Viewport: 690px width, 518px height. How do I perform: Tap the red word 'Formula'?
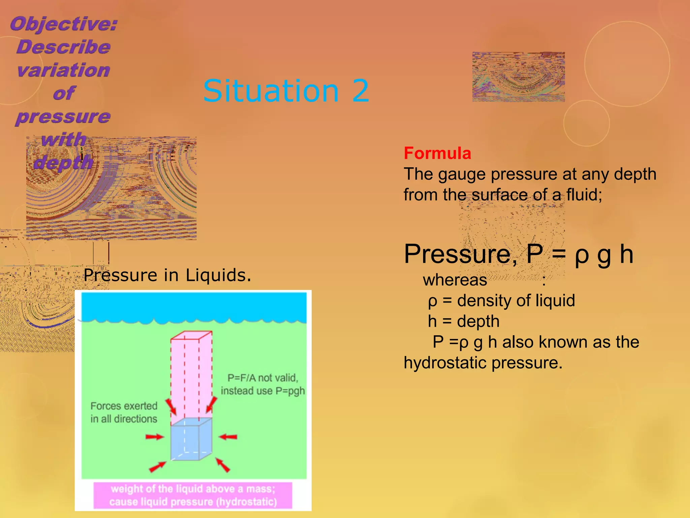(437, 153)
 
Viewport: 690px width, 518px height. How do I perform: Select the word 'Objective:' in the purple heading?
(64, 24)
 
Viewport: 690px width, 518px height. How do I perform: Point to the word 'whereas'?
(455, 280)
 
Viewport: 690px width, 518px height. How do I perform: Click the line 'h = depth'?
(464, 321)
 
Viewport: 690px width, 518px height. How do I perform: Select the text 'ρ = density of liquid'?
(501, 300)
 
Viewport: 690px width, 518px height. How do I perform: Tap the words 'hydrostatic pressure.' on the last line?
(483, 363)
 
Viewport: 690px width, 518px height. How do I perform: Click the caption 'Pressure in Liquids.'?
(167, 275)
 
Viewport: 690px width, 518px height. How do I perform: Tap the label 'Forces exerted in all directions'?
(124, 412)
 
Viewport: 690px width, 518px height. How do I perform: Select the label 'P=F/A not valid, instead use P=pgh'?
(263, 384)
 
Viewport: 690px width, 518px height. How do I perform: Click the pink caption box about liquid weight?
(193, 495)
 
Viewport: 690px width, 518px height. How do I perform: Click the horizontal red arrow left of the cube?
(154, 437)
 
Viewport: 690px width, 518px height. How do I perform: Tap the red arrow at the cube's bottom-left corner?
(157, 467)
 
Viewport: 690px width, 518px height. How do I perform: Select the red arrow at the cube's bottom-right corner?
(223, 465)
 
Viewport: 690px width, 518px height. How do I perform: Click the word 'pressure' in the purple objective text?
(63, 117)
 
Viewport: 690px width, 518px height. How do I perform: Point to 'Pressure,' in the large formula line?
(460, 254)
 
